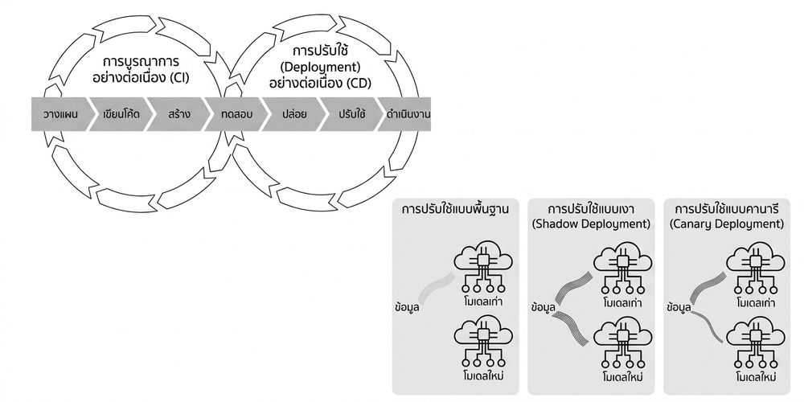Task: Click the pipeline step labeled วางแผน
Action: tap(60, 114)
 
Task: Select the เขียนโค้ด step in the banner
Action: tap(121, 114)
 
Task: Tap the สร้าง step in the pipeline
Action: tap(179, 114)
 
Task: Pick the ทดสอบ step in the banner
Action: tap(236, 114)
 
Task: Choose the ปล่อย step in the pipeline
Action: tap(293, 114)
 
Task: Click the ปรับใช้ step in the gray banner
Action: tap(352, 114)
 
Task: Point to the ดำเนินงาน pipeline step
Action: tap(407, 114)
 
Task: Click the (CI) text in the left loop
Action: tap(179, 79)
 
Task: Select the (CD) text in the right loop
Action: tap(359, 83)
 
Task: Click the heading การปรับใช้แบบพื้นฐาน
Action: tap(455, 210)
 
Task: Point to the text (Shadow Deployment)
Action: tap(591, 224)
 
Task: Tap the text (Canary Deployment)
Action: tap(727, 224)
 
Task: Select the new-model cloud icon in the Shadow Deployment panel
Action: tap(623, 343)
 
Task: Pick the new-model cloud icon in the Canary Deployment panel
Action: tap(756, 343)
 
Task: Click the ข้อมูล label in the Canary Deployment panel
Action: tap(680, 308)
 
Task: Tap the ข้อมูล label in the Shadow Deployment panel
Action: tap(544, 308)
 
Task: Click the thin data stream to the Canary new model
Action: tap(707, 326)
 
